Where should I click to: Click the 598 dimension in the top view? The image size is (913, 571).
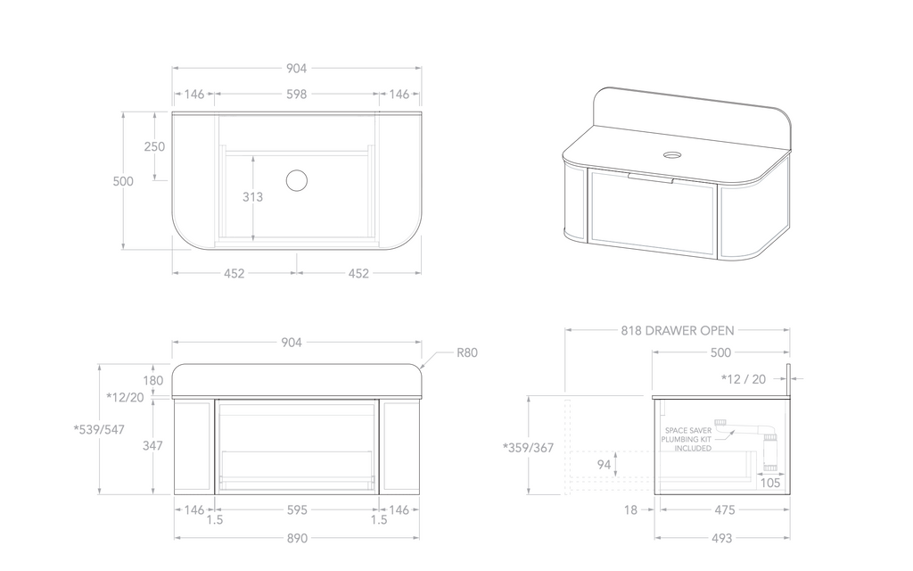coord(297,94)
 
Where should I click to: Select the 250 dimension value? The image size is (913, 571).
coord(154,146)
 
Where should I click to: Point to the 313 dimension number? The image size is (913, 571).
coord(252,197)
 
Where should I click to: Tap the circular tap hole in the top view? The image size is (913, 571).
coord(297,181)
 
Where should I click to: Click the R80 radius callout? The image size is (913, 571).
coord(467,352)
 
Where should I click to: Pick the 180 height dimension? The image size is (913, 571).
coord(153,380)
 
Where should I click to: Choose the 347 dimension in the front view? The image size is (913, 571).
coord(153,445)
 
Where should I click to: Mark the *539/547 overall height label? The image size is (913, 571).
coord(99,429)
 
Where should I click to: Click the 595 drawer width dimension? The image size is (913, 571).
coord(297,510)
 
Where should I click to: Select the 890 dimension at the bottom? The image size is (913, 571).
coord(297,538)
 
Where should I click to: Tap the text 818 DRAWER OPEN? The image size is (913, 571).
coord(678,330)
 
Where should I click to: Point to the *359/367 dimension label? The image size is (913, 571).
coord(529,448)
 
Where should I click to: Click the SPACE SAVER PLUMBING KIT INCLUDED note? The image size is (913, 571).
coord(687,439)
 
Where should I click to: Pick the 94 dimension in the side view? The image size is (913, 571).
coord(604,464)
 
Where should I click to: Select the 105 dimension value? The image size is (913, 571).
coord(771,483)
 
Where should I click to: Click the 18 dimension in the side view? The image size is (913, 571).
coord(631,510)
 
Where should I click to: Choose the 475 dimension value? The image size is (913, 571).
coord(725,510)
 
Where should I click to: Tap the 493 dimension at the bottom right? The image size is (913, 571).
coord(721,538)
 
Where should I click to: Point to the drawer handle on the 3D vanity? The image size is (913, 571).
coord(651,178)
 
